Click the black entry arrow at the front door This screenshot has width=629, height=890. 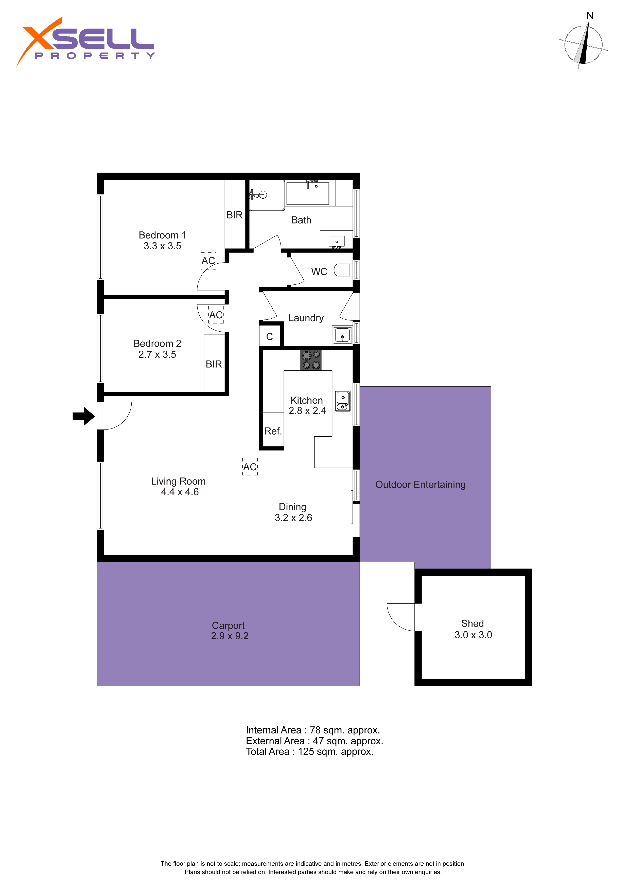84,416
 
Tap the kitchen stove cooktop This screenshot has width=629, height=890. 311,360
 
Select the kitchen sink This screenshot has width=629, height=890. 343,401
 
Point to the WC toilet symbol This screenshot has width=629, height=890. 343,270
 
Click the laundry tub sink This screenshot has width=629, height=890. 342,335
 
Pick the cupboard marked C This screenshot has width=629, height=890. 270,336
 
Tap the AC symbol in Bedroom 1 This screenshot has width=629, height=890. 208,261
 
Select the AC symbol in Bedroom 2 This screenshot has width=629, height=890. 216,315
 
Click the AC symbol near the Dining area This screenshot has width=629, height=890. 250,467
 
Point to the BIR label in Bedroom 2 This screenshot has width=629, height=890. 214,364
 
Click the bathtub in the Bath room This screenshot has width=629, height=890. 308,193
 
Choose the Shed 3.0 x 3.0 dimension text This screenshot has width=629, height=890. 473,635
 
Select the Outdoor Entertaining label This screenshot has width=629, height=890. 421,485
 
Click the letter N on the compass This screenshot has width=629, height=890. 590,16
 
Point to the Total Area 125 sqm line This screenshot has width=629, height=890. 310,752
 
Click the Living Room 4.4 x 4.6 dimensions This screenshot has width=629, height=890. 180,492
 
